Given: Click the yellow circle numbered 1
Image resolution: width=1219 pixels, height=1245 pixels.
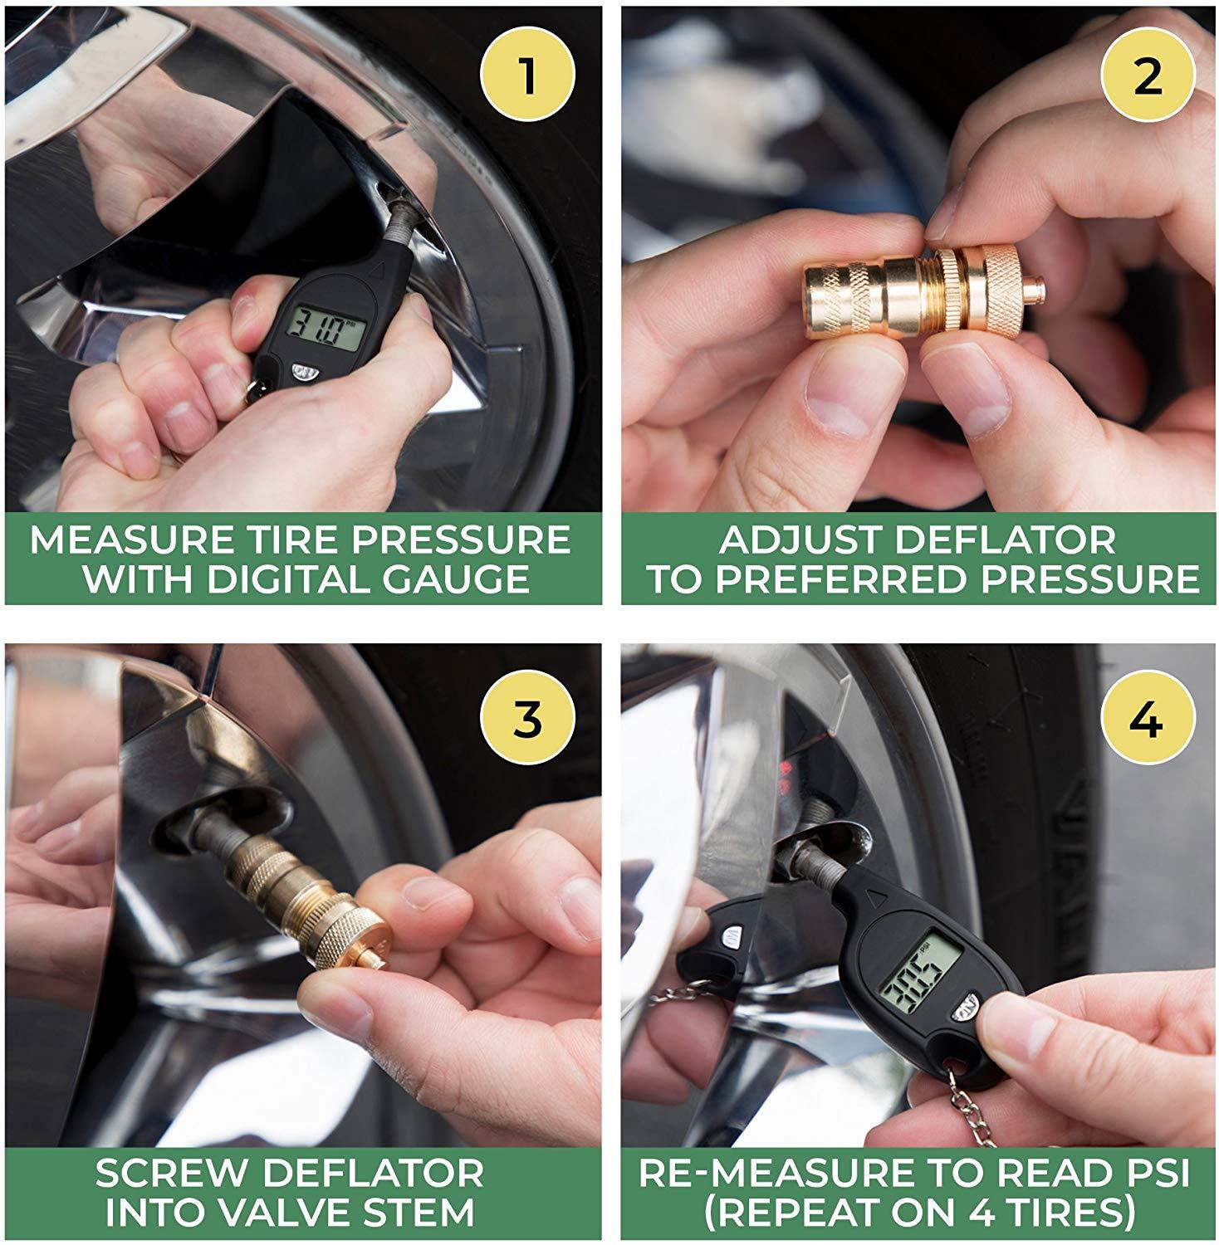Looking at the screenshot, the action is (x=526, y=77).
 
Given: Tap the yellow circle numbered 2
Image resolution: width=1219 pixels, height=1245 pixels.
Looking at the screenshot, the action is (x=1147, y=77).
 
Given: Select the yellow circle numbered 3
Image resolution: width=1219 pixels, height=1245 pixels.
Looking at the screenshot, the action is (x=526, y=720).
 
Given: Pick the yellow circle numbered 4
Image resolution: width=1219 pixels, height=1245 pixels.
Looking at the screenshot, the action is (x=1147, y=720).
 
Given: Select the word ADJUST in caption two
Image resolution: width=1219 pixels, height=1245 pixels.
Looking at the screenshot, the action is (x=795, y=540).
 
